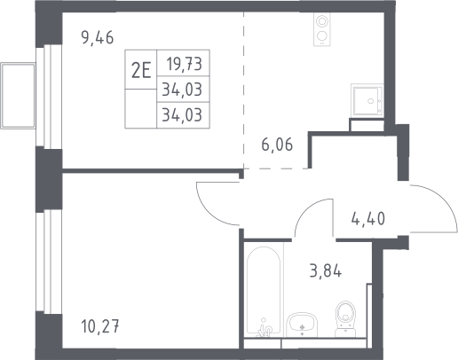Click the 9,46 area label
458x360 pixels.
[98, 38]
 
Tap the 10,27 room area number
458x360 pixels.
[99, 327]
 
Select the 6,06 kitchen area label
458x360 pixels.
[277, 145]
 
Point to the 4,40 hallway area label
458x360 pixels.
[368, 219]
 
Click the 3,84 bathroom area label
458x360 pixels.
[326, 271]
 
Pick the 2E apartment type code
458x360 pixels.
[141, 72]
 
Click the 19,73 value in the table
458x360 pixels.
[185, 64]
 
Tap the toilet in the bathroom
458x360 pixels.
[345, 319]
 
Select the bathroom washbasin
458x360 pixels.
[302, 325]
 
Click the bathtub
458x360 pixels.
[264, 291]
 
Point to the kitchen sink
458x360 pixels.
[367, 99]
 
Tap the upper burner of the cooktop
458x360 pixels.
[321, 21]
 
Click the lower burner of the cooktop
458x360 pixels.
[321, 35]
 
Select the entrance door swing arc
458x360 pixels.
[444, 201]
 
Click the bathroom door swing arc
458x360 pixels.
[308, 207]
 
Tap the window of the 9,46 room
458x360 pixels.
[49, 97]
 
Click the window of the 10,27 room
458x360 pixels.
[49, 262]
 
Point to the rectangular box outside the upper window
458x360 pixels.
[18, 96]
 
